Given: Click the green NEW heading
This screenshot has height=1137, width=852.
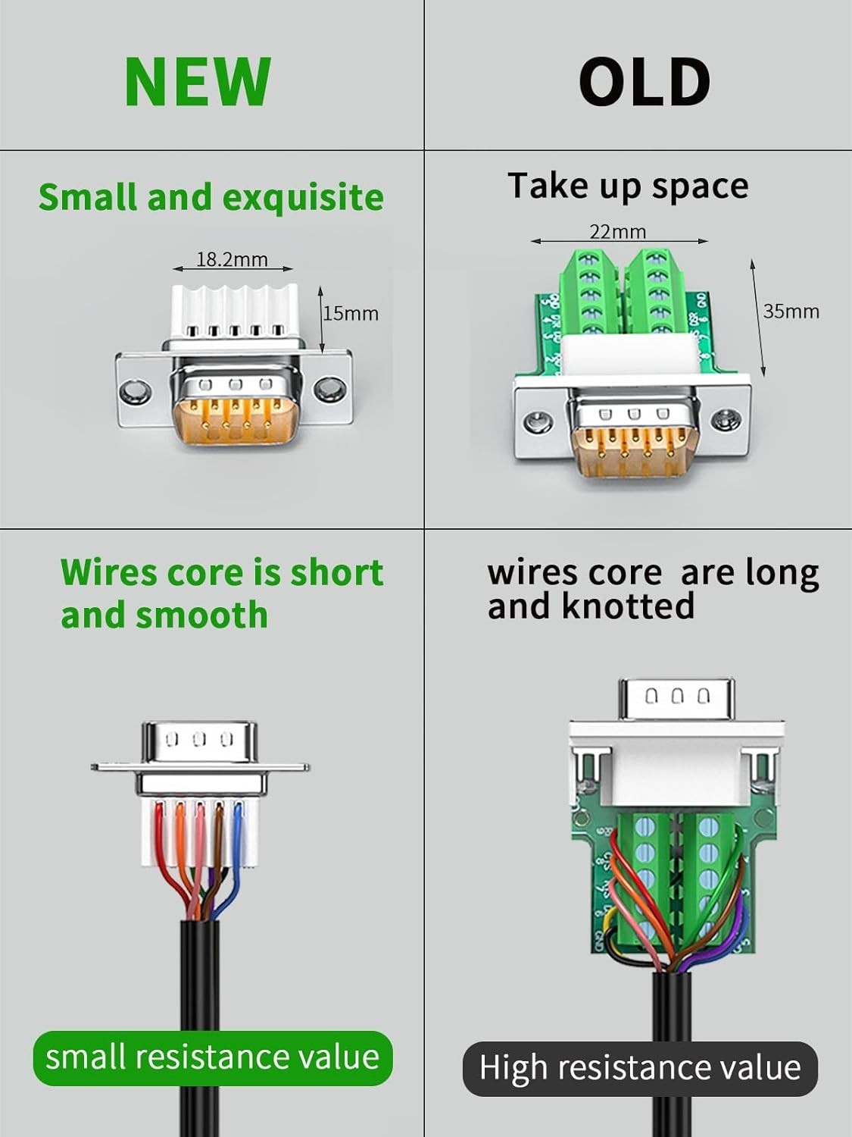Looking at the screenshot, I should (x=197, y=81).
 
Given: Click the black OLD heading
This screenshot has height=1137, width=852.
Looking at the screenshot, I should (x=644, y=81).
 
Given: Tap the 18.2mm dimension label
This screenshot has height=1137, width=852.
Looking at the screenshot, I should (x=232, y=259).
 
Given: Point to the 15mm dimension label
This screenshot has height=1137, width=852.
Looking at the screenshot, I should (x=351, y=313).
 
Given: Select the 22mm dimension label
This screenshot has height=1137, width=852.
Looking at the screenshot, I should (x=617, y=231).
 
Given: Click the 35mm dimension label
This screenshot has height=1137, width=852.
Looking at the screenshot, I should (x=791, y=311).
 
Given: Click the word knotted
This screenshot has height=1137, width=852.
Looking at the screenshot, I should (x=628, y=606).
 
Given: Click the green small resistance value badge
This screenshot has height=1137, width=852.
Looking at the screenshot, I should (x=212, y=1057).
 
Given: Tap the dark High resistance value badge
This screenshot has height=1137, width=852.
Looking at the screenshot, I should (x=640, y=1068).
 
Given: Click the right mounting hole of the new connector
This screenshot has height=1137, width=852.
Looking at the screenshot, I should (x=328, y=390).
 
